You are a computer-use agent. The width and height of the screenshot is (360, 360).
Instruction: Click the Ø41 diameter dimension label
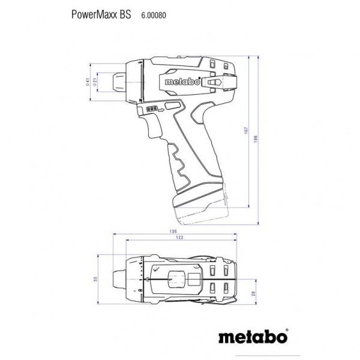point(88,82)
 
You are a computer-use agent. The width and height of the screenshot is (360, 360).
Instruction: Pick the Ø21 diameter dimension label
point(99,82)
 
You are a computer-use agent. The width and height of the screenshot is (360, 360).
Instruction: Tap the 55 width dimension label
point(94,279)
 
